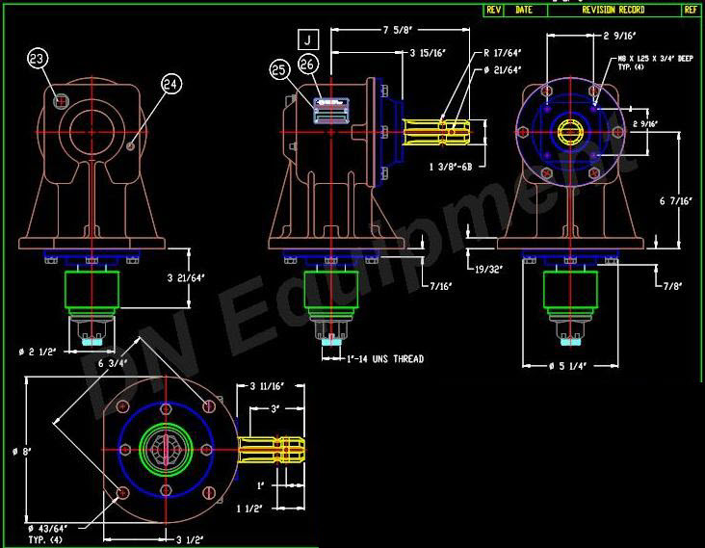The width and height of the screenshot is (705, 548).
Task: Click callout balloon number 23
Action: (38, 60)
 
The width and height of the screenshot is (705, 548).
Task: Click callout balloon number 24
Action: (170, 85)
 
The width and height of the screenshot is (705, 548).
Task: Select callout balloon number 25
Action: (280, 70)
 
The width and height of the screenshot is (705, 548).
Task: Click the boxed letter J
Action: (307, 41)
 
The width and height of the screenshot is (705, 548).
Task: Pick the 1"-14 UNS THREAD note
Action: (385, 359)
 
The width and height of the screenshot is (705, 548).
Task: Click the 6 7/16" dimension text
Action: (676, 200)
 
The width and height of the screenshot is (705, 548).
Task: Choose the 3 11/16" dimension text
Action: (273, 387)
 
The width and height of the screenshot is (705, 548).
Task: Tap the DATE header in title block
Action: (524, 10)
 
